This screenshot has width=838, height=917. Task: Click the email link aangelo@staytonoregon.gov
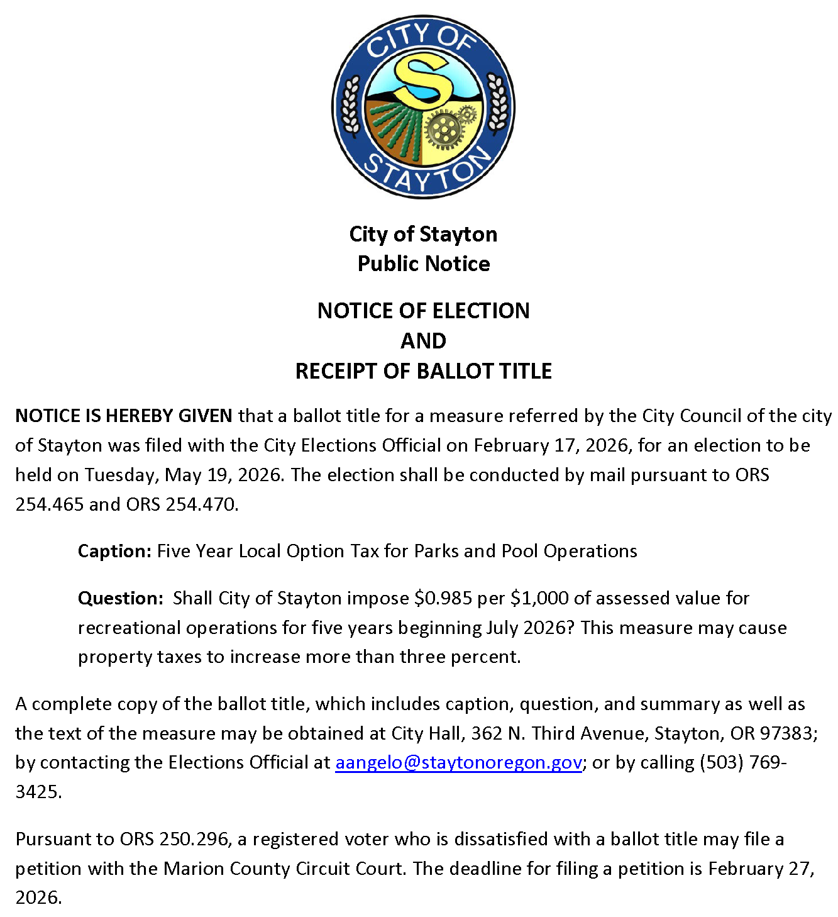pyautogui.click(x=458, y=762)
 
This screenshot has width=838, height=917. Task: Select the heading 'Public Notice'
pyautogui.click(x=423, y=264)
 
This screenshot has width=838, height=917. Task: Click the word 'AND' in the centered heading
pyautogui.click(x=423, y=341)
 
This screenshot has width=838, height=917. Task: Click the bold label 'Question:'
pyautogui.click(x=121, y=598)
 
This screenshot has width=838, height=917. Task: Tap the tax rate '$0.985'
pyautogui.click(x=443, y=598)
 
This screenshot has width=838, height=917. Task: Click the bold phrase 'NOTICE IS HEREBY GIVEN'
pyautogui.click(x=124, y=416)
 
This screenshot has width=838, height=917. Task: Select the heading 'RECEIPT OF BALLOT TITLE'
pyautogui.click(x=423, y=371)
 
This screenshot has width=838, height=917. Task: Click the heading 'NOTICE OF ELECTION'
pyautogui.click(x=423, y=311)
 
